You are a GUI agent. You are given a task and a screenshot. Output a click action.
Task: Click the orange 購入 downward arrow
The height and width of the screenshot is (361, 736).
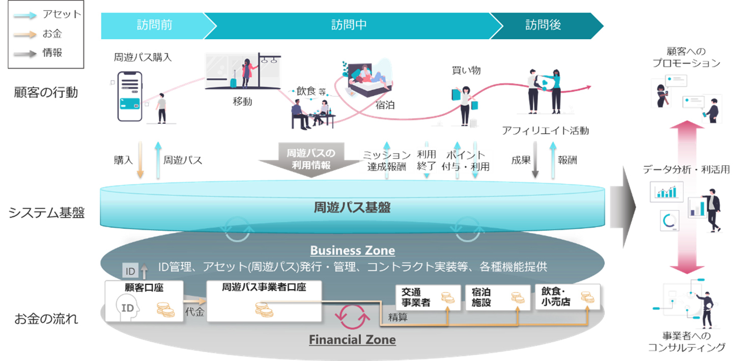tap(140, 160)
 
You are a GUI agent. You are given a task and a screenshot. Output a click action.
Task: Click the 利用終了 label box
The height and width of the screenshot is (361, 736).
tap(426, 161)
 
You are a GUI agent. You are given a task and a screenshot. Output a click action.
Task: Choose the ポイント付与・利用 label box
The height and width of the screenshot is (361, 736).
tap(467, 161)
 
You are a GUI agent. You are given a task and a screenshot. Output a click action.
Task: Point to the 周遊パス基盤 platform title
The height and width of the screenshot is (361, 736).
tap(353, 207)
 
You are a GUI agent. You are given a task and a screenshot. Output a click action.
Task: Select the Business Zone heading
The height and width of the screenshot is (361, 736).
tap(353, 250)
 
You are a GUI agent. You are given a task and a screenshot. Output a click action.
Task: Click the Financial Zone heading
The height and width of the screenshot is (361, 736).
tap(352, 339)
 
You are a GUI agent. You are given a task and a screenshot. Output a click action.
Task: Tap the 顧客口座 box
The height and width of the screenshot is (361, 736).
tap(144, 301)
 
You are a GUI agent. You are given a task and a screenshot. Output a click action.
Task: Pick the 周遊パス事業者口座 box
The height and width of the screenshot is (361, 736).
tap(264, 301)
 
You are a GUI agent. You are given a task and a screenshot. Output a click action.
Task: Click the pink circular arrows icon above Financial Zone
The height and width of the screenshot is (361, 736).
tap(352, 318)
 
